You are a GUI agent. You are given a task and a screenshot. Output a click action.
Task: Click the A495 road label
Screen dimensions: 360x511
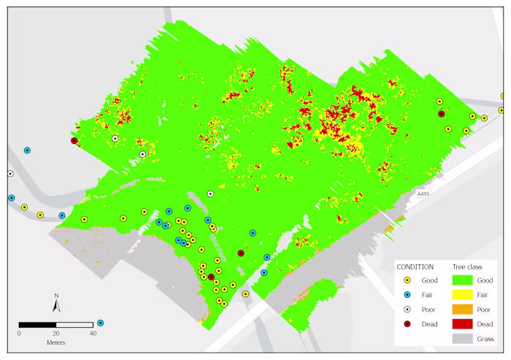tap(423, 194)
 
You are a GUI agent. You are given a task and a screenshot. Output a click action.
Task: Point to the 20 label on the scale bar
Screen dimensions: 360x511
tap(55, 333)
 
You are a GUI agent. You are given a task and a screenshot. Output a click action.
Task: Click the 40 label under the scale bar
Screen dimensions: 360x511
tap(93, 333)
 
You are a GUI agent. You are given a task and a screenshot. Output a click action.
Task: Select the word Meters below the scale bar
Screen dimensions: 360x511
tap(56, 342)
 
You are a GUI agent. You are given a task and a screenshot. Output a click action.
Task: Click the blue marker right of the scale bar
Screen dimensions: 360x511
tap(100, 323)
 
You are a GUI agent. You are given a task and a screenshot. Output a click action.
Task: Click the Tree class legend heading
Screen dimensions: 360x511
tap(469, 267)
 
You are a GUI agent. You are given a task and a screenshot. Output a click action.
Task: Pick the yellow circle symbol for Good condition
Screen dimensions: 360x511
tap(409, 280)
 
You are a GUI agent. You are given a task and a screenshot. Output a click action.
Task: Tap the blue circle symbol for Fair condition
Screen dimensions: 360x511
tap(409, 295)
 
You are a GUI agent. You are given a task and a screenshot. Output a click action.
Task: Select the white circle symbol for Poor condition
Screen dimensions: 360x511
tap(409, 309)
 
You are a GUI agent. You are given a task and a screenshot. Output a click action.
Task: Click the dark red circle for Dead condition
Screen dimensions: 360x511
tap(409, 323)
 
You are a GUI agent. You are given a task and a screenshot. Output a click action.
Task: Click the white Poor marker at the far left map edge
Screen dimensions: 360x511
tap(10, 174)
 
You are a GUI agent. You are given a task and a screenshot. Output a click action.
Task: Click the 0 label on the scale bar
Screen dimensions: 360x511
tap(19, 333)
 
